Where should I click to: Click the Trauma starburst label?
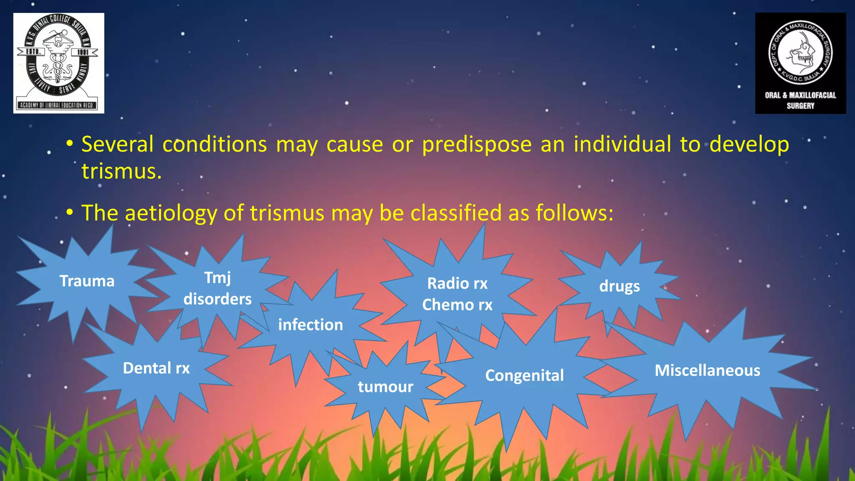pos(87,281)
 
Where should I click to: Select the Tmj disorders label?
pos(218,289)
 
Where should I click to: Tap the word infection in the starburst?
pos(311,325)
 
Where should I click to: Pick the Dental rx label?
pos(156,368)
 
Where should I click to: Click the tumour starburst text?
pos(385,387)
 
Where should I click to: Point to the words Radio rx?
pos(457,284)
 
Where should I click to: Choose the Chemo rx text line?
pos(457,305)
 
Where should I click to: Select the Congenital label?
pos(524,375)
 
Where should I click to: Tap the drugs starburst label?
pos(619,286)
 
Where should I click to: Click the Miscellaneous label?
pos(707,370)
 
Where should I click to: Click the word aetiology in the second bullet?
pos(171,213)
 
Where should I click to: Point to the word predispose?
pos(476,144)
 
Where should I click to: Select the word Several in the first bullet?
pos(117,144)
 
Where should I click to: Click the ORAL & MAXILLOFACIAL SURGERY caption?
pos(800,100)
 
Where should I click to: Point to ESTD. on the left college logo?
pos(33,52)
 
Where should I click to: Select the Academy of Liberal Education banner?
pos(57,105)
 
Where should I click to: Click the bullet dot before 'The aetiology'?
pos(70,213)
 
